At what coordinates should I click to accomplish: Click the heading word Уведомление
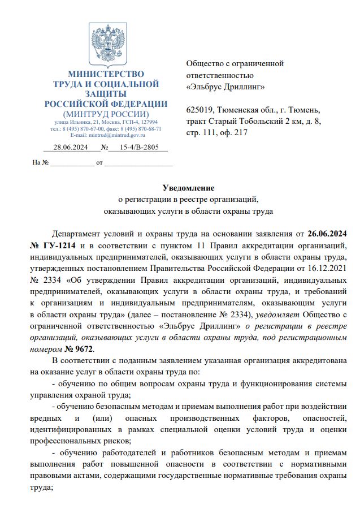click(x=188, y=187)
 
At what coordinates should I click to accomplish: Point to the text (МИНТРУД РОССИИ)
click(x=106, y=114)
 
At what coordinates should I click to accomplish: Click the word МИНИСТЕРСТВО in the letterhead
click(x=106, y=74)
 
